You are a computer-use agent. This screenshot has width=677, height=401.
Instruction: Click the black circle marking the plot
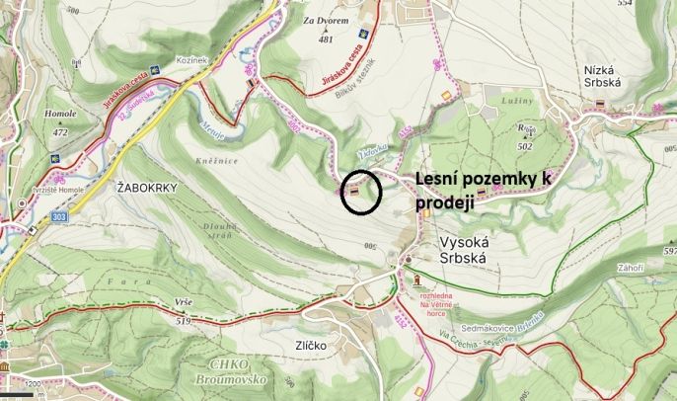point(360,192)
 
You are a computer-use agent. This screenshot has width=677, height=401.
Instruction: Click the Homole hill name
point(59,115)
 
